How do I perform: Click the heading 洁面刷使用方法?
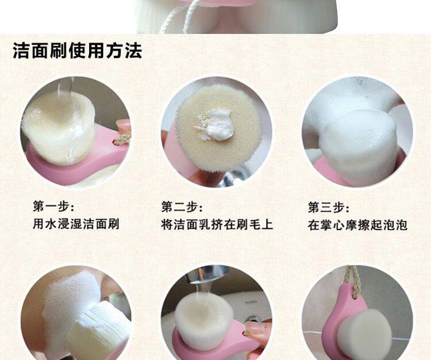pyautogui.click(x=78, y=51)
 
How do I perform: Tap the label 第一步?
pyautogui.click(x=53, y=206)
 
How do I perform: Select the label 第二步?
pyautogui.click(x=182, y=207)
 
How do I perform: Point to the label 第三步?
pyautogui.click(x=329, y=207)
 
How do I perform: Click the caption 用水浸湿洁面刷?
pyautogui.click(x=76, y=224)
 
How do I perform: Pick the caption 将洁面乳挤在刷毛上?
pyautogui.click(x=217, y=224)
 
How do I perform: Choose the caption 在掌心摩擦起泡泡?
pyautogui.click(x=357, y=225)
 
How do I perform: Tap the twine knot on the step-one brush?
pyautogui.click(x=122, y=140)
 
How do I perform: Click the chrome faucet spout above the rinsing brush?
pyautogui.click(x=211, y=273)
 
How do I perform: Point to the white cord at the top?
pyautogui.click(x=176, y=17)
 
